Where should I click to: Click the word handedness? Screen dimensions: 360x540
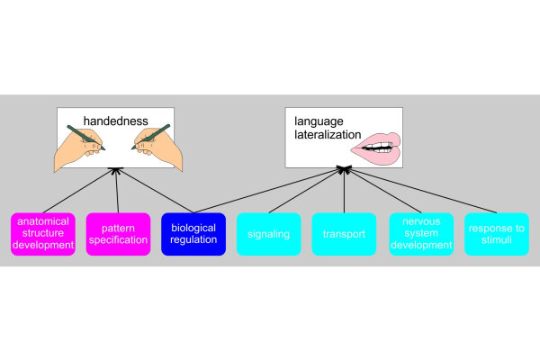click(116, 120)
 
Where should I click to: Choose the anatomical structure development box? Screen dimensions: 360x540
click(42, 234)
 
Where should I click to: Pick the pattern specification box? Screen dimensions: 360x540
click(118, 234)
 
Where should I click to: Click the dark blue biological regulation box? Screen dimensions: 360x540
click(193, 234)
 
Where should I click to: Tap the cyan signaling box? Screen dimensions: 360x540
click(269, 234)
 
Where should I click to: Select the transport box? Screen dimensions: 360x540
click(344, 234)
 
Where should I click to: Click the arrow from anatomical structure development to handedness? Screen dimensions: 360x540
click(79, 191)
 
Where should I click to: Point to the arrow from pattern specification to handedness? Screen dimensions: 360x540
click(117, 191)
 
